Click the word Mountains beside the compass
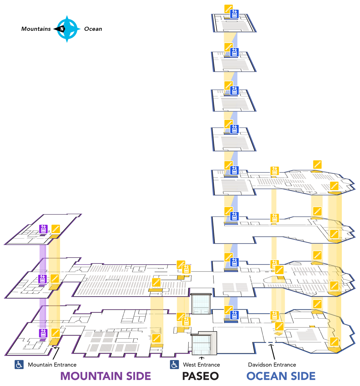coord(36,29)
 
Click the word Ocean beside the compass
coord(93,29)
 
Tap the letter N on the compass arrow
coord(62,29)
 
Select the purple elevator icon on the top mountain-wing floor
coord(43,229)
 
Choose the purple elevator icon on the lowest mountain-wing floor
coord(43,333)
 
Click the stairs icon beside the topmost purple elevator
coord(55,229)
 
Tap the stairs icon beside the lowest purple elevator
coord(55,333)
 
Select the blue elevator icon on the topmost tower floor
coord(234,14)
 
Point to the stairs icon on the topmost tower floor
coord(228,8)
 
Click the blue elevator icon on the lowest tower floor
coord(234,315)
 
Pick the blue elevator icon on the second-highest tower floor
coord(234,52)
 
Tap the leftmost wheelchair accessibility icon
coord(19,364)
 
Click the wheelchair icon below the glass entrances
coord(174,364)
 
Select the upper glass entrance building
coord(201,304)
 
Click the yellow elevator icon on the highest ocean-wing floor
coord(274,171)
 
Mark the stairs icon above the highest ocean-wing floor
coord(317,165)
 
